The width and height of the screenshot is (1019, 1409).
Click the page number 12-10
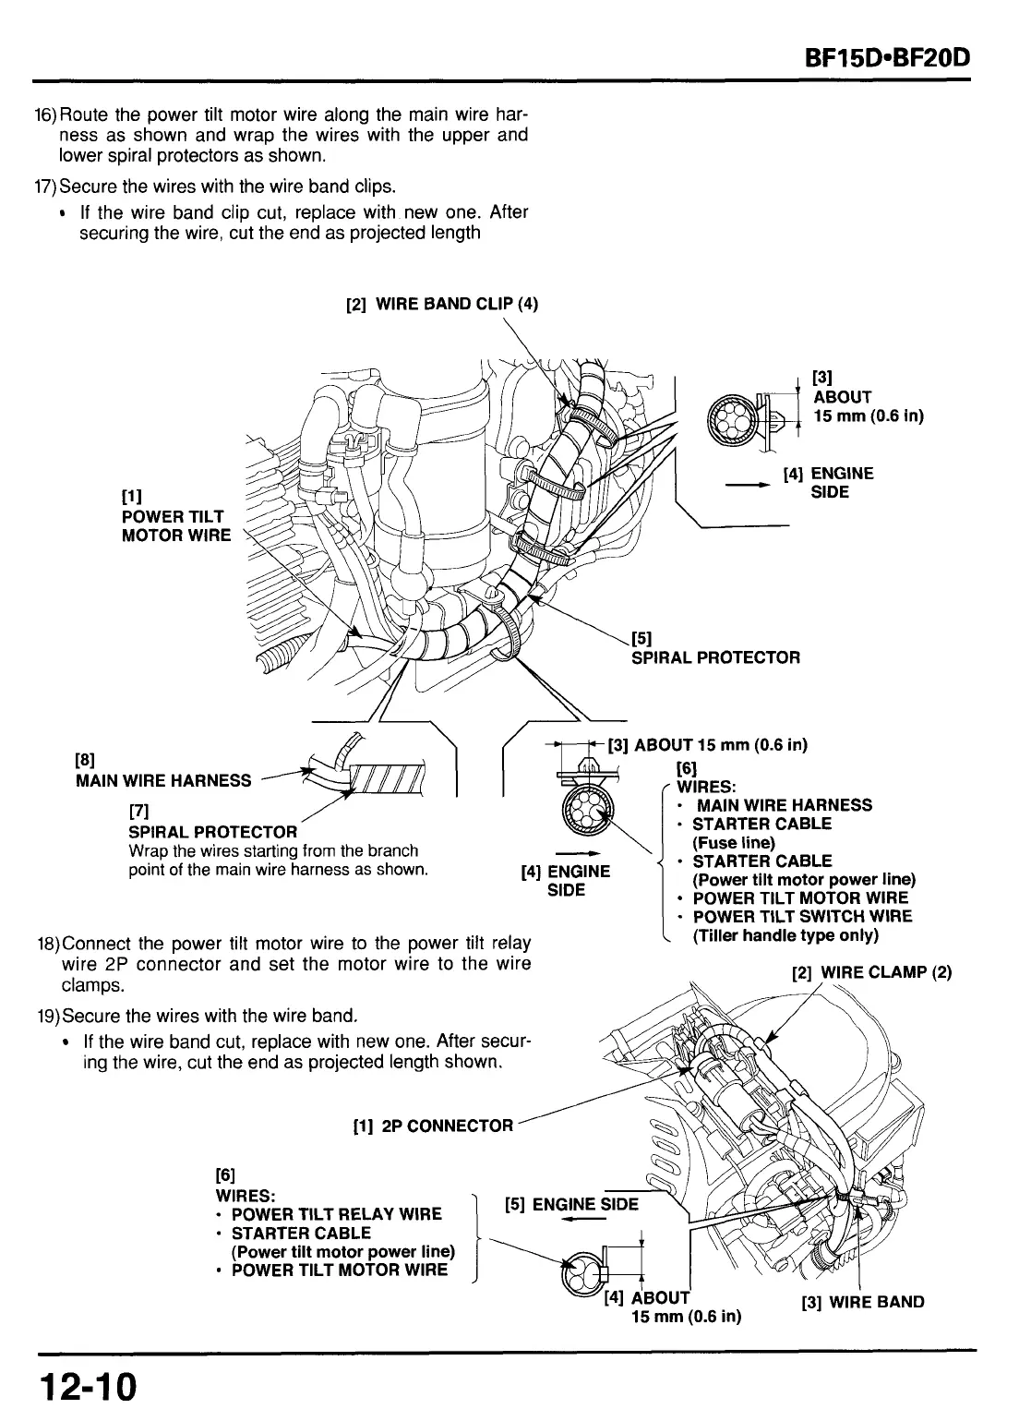88,1384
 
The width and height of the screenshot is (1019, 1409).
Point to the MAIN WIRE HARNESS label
162,780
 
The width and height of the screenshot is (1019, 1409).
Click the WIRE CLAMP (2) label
871,972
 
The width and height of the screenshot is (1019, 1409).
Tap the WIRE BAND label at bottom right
862,1302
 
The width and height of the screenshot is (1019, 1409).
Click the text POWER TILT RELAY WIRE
336,1214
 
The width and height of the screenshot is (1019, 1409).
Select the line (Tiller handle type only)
785,935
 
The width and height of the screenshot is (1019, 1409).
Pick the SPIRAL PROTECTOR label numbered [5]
714,656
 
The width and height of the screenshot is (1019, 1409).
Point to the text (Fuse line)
734,842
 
